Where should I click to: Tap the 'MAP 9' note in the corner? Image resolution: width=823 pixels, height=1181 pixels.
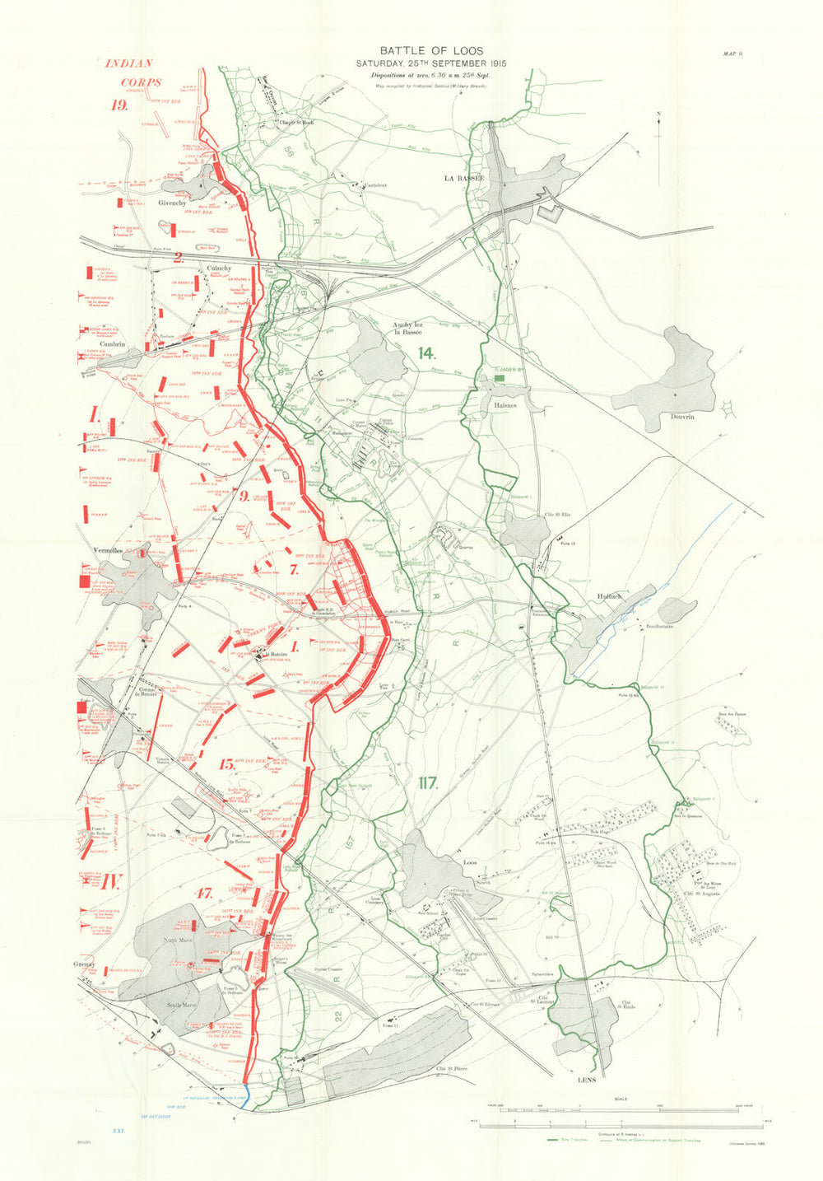732,54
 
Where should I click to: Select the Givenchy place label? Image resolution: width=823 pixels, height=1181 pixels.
173,202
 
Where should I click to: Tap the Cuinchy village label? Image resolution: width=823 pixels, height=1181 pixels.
219,268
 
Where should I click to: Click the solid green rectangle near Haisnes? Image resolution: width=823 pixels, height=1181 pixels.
499,377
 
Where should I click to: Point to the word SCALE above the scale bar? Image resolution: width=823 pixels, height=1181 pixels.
620,1099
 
